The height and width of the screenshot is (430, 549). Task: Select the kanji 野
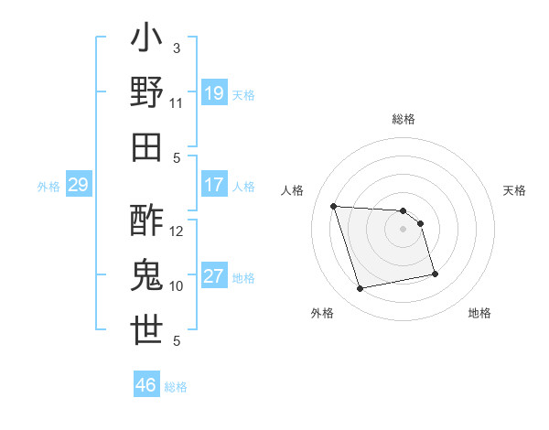(x=147, y=92)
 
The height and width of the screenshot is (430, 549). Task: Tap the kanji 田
(x=147, y=146)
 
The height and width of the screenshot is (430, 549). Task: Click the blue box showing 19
(x=214, y=93)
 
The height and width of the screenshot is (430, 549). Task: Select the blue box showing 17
(x=214, y=185)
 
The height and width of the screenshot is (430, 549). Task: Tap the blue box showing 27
(x=214, y=276)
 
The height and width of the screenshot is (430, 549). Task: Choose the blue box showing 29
(x=78, y=186)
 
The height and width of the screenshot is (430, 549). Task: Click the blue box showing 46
(x=146, y=385)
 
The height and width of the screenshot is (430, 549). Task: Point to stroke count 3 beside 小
(x=176, y=48)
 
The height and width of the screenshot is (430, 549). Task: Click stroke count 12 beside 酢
(x=177, y=231)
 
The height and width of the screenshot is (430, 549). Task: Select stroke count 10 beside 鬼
(x=177, y=285)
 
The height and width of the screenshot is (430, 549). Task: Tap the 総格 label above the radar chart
(x=404, y=119)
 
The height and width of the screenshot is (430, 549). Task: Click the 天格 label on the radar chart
(x=515, y=190)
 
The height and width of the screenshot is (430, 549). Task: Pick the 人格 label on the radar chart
(x=293, y=190)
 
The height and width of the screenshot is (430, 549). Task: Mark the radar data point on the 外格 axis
(x=361, y=289)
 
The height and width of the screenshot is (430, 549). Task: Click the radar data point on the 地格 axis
(x=435, y=273)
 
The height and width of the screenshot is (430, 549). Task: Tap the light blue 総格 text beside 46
(x=176, y=387)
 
